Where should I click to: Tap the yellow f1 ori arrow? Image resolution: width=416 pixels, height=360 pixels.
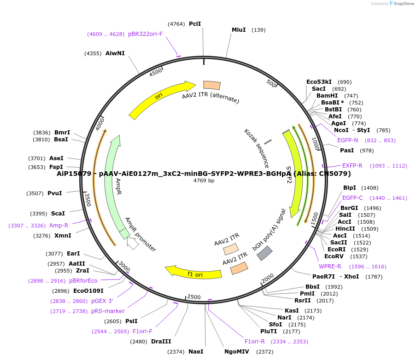193,273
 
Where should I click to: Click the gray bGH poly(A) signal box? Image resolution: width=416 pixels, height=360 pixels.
264,253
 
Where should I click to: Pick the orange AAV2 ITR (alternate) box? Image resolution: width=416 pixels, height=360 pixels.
212,85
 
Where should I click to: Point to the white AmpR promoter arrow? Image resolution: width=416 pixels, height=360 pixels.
133,243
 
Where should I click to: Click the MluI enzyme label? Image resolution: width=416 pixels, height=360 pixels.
239,30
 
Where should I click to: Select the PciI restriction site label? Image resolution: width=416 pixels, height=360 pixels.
195,23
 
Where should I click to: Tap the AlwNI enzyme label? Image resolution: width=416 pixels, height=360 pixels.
115,53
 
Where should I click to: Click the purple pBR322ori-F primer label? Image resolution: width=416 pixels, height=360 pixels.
145,34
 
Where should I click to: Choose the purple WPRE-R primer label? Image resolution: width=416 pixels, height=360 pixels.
330,267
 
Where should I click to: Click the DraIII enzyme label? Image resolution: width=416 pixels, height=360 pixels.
161,342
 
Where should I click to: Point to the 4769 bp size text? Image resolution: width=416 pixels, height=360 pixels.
204,180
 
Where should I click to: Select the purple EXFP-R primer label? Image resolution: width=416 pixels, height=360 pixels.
352,166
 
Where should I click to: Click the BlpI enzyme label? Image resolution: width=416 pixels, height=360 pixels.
350,188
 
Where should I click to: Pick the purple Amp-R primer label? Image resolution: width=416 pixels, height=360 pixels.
59,226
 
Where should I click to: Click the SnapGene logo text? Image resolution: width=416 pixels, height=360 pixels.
404,4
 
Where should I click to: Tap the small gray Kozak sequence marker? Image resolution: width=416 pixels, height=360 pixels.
268,141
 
